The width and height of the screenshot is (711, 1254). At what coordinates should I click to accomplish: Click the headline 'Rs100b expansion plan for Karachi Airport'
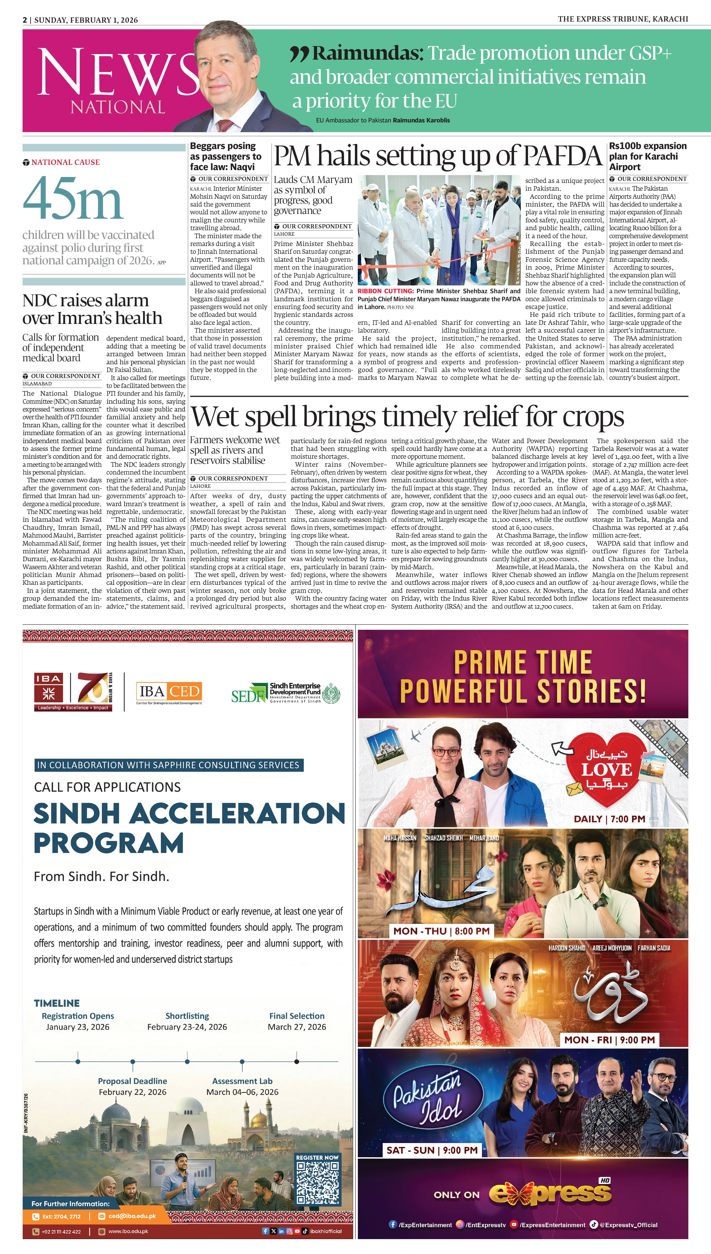647,156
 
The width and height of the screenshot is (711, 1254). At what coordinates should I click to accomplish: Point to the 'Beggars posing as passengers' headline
226,156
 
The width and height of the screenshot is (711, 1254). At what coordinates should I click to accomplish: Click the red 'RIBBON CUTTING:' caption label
386,291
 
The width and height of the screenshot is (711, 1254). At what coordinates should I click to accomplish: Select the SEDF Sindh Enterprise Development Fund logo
286,692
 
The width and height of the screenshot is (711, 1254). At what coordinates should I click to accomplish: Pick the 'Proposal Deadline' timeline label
132,1081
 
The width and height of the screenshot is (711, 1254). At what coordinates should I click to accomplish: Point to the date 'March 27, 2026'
297,1027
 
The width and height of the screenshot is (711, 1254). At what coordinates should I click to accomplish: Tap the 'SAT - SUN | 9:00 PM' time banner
432,1150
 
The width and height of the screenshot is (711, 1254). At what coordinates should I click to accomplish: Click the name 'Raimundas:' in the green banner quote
368,53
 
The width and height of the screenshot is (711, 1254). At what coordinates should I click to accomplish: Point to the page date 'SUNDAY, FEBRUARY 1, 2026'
86,20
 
